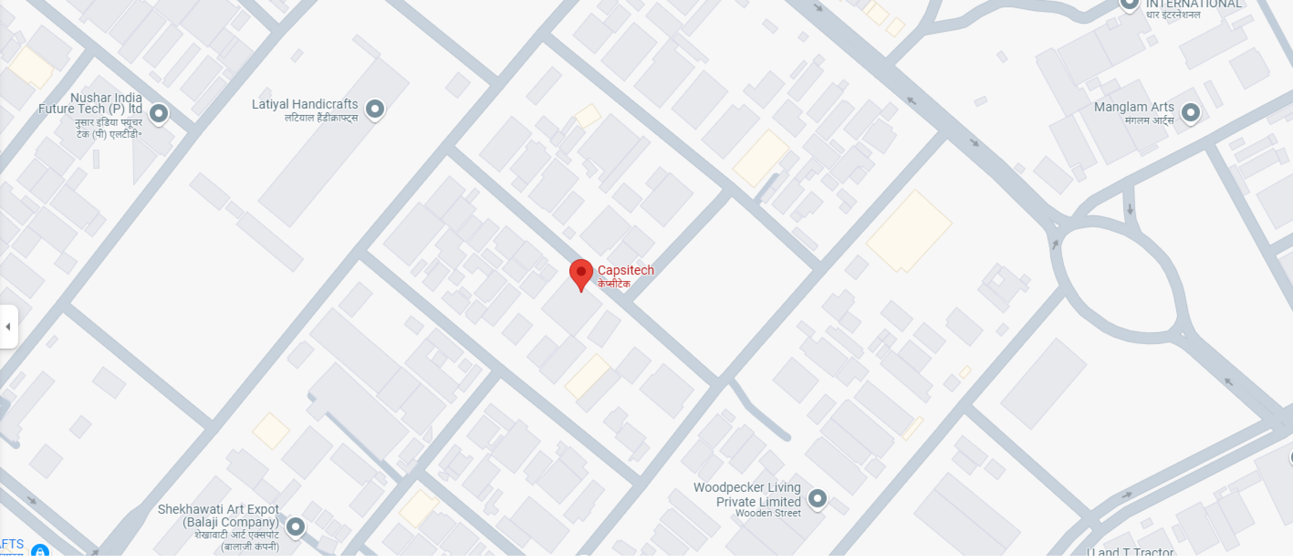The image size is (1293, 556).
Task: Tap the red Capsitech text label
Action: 625,270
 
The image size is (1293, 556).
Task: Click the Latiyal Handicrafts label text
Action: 305,104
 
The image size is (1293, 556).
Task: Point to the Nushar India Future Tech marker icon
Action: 159,113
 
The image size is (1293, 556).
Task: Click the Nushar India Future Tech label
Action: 91,103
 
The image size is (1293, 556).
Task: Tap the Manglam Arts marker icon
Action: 1191,113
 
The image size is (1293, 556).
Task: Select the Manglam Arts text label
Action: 1134,107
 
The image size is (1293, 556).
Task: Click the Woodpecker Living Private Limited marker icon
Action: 817,498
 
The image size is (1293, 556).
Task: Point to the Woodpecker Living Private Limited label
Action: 748,494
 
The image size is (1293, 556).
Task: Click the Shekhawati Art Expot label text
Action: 218,516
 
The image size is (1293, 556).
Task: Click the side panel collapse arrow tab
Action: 9,327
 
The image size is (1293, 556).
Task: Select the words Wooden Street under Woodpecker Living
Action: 768,513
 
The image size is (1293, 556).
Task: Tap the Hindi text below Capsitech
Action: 613,284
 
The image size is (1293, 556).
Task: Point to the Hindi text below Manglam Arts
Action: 1149,120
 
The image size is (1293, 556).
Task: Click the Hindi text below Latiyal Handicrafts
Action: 321,118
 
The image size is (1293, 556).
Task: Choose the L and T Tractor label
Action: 1130,551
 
